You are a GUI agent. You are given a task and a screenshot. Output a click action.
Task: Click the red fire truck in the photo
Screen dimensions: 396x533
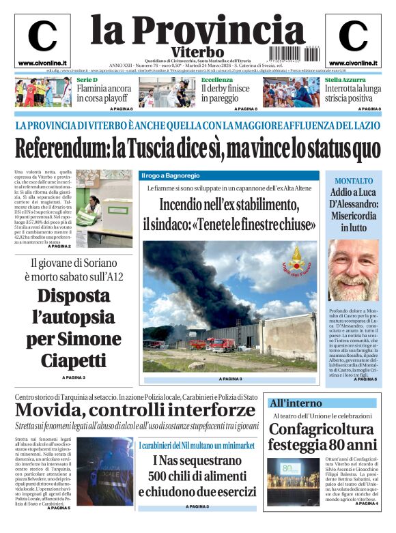point(220,344)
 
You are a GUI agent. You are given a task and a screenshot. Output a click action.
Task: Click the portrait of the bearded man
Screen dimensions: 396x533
point(353,270)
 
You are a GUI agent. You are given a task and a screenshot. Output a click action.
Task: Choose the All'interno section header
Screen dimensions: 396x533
point(295,403)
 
